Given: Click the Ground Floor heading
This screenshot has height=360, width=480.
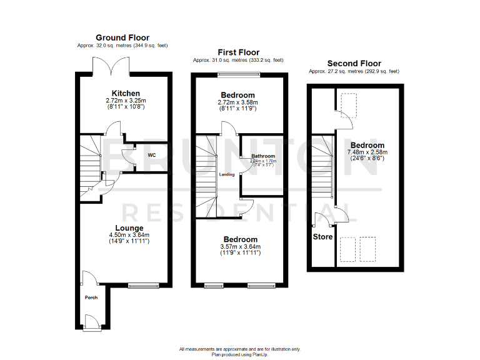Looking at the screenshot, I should tap(122, 38).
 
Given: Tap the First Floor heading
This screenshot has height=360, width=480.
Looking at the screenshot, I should tap(238, 52).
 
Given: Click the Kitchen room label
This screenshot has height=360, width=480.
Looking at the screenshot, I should tap(122, 94).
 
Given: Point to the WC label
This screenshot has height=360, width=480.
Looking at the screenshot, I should tap(151, 155).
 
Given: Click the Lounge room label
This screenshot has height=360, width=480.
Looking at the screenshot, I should tap(129, 228).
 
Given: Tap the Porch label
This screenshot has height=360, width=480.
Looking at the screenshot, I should tap(91, 297).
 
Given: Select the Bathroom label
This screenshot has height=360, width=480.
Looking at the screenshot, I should tap(263, 156).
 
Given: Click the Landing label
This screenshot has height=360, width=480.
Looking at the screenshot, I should tap(227, 174).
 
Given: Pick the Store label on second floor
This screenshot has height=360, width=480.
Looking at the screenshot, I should tap(322, 237).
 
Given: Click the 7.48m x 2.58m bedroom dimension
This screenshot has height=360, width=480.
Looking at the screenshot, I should tap(367, 152).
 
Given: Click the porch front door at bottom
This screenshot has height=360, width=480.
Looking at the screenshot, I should tap(91, 322).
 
